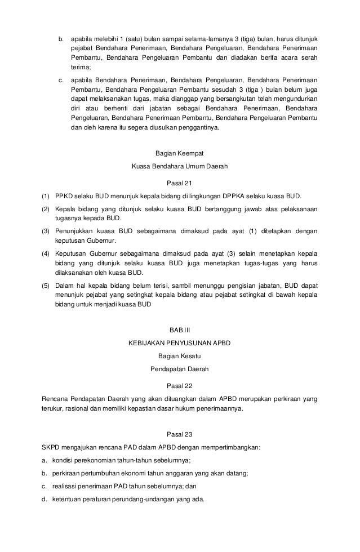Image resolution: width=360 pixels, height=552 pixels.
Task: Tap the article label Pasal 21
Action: (180, 182)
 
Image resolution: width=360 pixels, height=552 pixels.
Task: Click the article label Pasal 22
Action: (180, 386)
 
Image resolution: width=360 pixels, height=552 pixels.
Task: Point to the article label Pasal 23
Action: (180, 434)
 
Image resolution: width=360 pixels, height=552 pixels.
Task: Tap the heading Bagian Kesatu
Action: (180, 356)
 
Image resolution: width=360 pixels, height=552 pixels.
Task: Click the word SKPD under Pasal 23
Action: (52, 447)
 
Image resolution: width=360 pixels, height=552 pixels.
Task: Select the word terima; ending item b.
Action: (81, 66)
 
